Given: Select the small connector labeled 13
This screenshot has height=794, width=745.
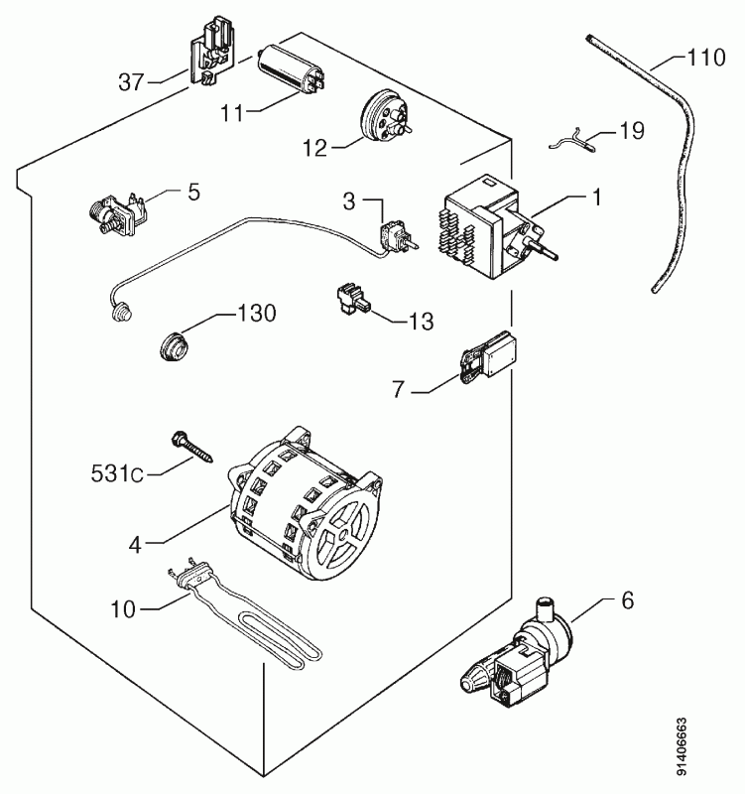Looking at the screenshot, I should click(x=353, y=301).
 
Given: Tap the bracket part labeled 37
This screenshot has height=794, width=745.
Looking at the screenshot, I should click(x=211, y=55).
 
